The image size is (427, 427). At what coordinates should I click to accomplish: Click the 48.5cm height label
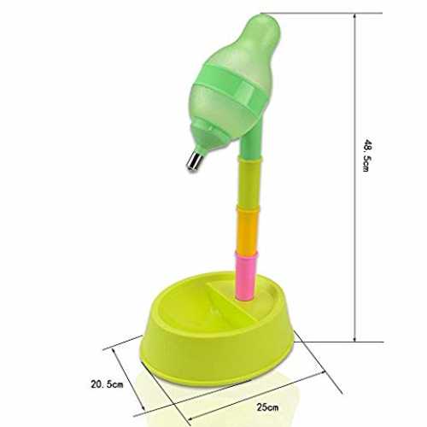366,155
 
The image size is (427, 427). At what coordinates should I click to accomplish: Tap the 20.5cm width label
107,384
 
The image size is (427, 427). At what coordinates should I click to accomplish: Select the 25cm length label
267,407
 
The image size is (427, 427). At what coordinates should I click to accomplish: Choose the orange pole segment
247,231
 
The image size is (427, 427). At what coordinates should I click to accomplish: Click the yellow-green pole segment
249,184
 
